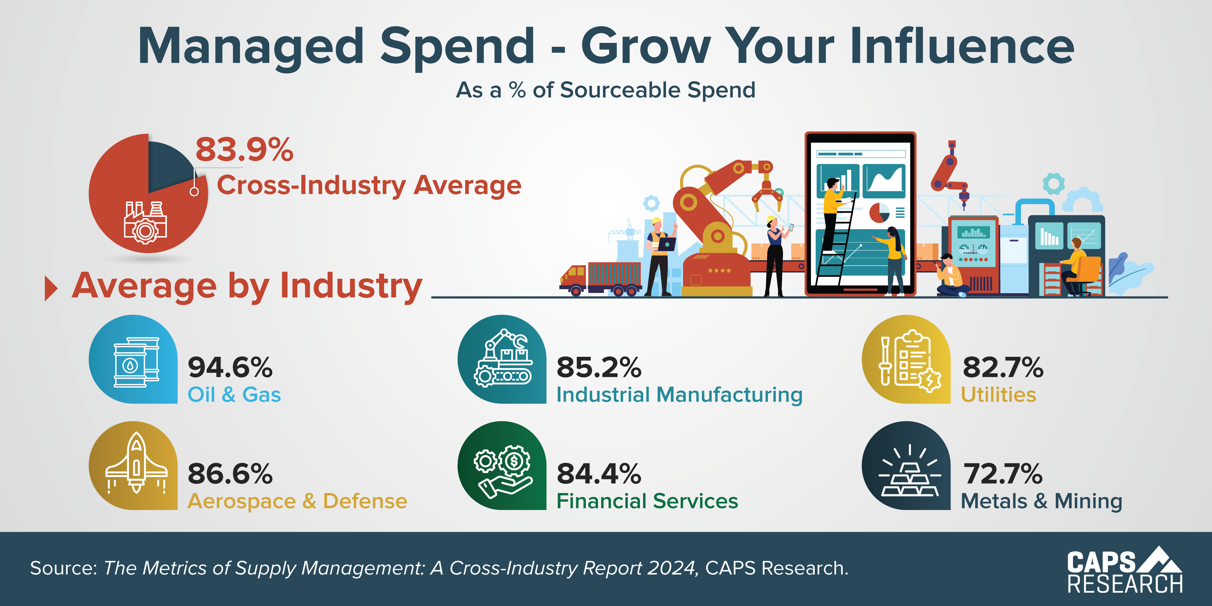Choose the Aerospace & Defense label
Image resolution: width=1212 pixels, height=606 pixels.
click(x=297, y=501)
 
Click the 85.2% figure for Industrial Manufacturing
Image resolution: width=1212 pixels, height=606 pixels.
click(x=598, y=367)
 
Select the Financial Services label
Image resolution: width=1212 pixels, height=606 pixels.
click(x=647, y=501)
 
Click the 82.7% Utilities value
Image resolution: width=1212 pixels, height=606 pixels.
click(x=1003, y=367)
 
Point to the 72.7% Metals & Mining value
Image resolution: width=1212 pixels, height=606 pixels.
click(x=1003, y=474)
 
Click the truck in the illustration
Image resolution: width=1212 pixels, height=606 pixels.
click(x=600, y=279)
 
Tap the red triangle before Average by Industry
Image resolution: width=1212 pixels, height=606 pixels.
click(x=50, y=288)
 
